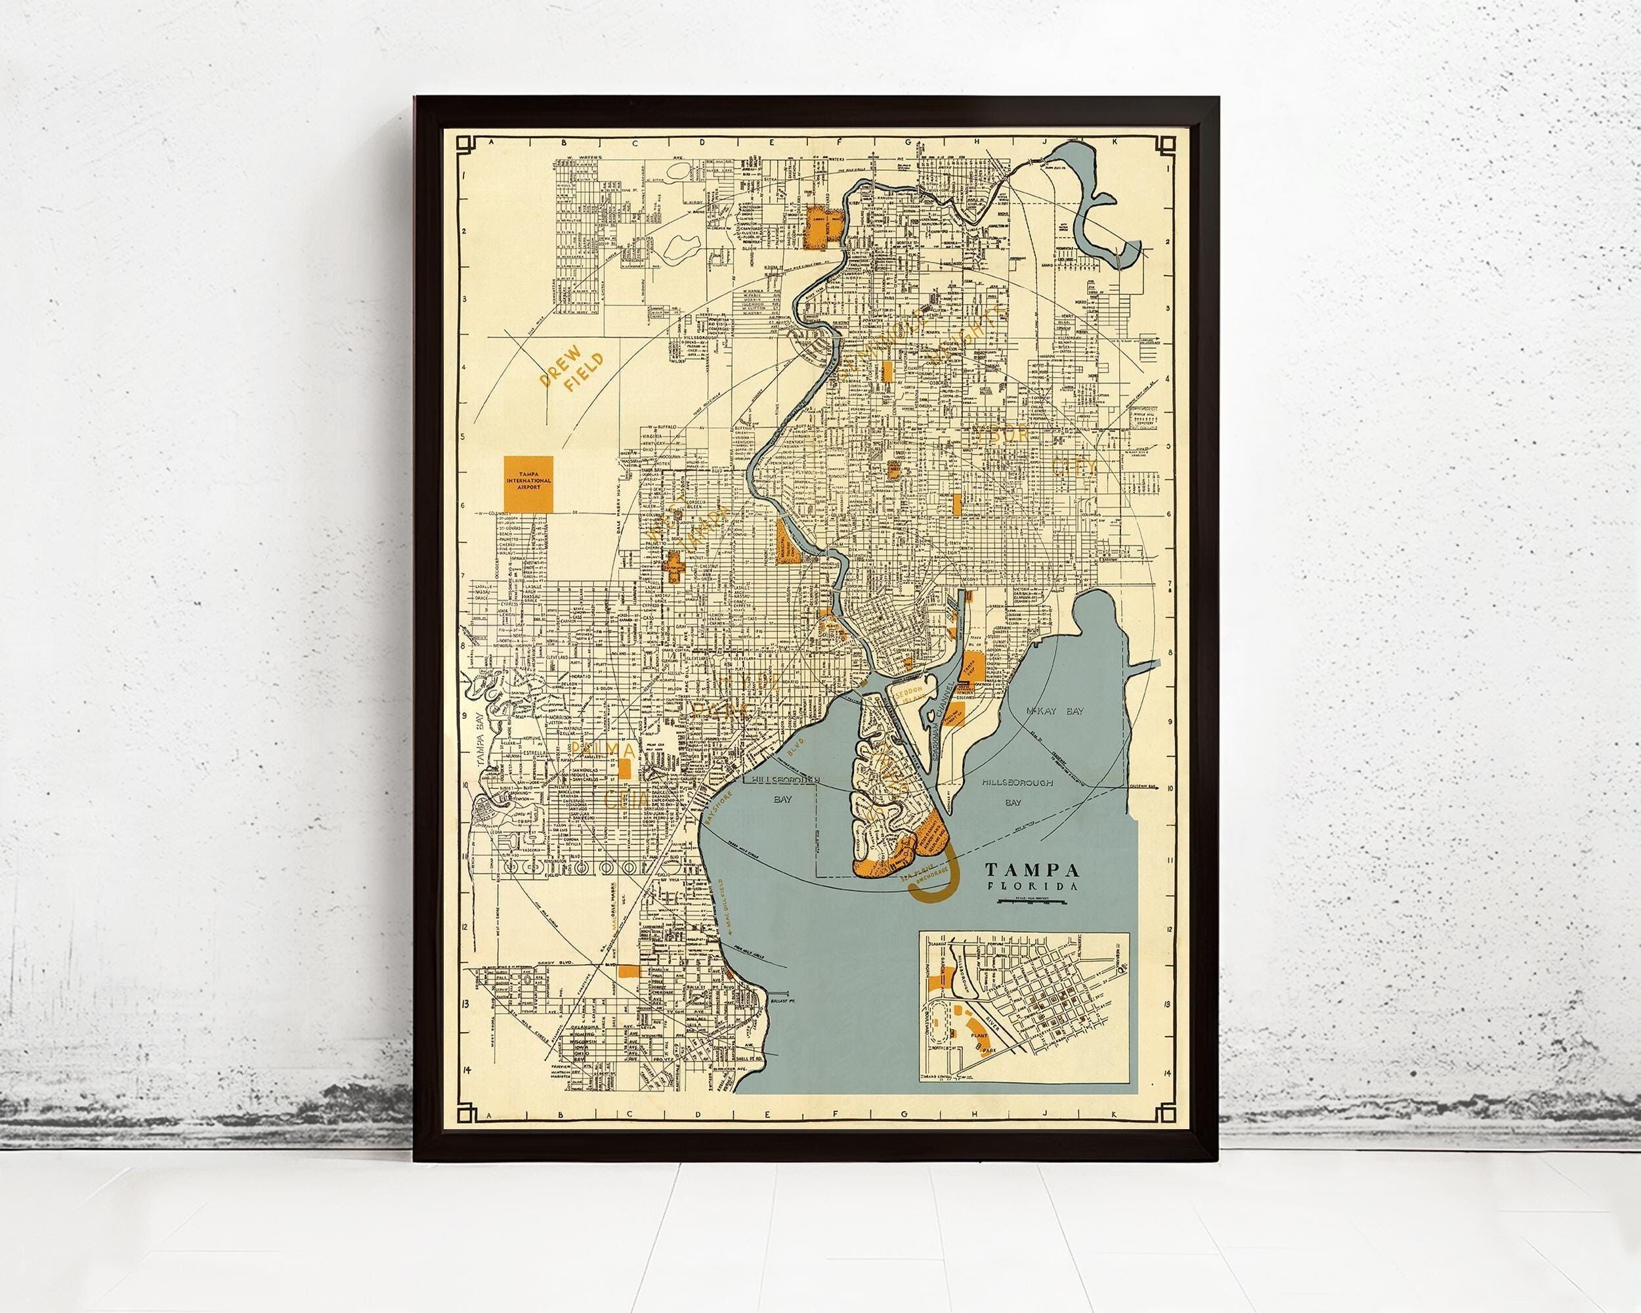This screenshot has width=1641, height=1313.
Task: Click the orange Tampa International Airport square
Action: coord(529,484)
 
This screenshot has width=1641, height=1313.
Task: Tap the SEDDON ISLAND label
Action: coord(909,699)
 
